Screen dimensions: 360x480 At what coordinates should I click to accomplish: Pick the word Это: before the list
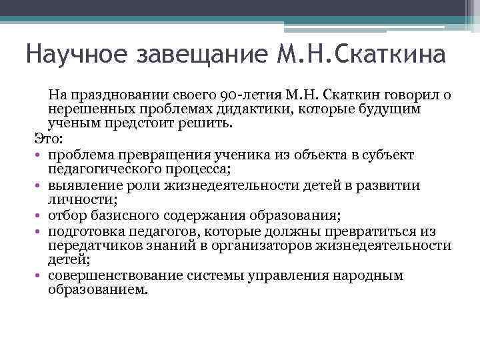48,138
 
